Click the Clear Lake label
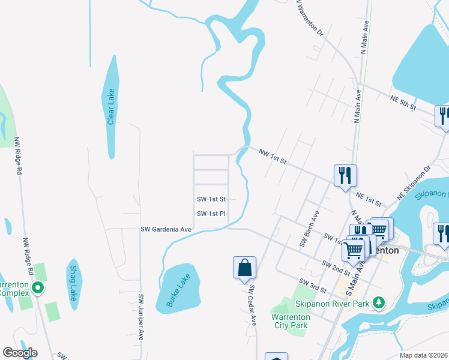click(110, 107)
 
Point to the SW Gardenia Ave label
click(166, 229)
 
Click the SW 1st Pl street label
click(211, 214)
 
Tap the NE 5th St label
click(403, 102)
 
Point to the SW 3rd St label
click(312, 286)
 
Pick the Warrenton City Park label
click(289, 321)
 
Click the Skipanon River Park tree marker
click(378, 303)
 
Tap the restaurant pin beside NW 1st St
click(345, 175)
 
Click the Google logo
click(20, 352)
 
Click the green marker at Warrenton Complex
click(38, 289)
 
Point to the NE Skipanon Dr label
click(413, 180)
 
